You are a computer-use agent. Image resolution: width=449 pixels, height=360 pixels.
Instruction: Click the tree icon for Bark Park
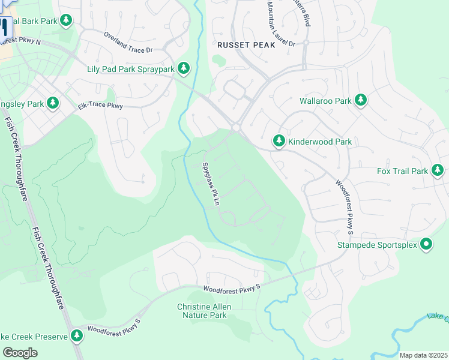pos(66,21)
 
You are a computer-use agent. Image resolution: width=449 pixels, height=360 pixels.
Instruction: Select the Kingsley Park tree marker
pos(53,104)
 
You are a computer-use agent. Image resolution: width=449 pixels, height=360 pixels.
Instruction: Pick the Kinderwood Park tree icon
pos(279,142)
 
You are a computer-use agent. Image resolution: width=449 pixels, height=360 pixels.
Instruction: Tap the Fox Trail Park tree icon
pos(438,171)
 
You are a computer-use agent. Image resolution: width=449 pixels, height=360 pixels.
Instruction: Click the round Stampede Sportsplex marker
pos(426,244)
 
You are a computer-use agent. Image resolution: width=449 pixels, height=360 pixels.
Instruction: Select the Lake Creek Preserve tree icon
pos(76,337)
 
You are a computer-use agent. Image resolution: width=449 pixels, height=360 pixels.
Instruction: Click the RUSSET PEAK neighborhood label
pos(246,45)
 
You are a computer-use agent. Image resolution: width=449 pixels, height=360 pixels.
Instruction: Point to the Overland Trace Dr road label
pos(128,43)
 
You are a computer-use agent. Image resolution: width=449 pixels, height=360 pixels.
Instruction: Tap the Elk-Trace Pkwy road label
pos(100,106)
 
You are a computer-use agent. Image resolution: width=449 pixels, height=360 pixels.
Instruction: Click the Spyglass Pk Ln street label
pos(210,184)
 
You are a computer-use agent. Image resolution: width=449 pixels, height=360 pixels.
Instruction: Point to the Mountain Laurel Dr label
pos(280,24)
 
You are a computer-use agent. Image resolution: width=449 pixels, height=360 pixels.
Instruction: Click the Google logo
pos(20,352)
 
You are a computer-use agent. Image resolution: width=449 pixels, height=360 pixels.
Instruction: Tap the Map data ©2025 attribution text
pos(423,355)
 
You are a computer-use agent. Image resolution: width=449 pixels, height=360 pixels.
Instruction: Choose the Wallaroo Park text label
pos(325,101)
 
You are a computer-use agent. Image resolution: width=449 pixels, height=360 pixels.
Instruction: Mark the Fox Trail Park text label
pos(402,171)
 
